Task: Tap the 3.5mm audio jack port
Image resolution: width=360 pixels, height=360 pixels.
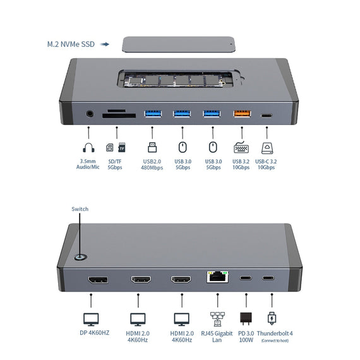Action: point(89,115)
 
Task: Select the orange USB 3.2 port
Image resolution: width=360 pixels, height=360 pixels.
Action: point(241,114)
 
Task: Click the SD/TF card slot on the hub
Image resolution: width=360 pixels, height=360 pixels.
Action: point(118,115)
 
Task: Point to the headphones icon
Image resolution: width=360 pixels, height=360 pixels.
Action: point(88,148)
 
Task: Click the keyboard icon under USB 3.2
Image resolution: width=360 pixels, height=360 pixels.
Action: point(241,148)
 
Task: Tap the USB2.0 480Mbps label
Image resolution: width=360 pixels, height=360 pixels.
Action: point(152,164)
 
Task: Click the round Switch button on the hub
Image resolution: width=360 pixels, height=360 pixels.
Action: point(80,258)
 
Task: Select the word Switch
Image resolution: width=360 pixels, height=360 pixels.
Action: point(80,209)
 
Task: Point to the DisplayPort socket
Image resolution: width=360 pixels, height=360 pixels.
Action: point(97,280)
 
